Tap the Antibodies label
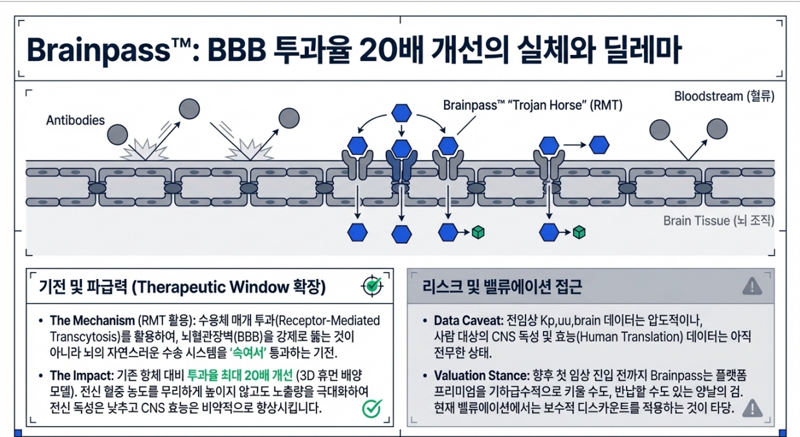[75, 120]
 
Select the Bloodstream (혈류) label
[724, 96]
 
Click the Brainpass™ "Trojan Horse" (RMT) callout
[532, 105]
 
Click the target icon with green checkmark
[370, 286]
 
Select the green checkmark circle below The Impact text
[372, 408]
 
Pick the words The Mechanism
[91, 321]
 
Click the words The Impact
[82, 375]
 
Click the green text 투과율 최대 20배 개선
[239, 375]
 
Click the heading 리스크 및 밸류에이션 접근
[502, 286]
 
